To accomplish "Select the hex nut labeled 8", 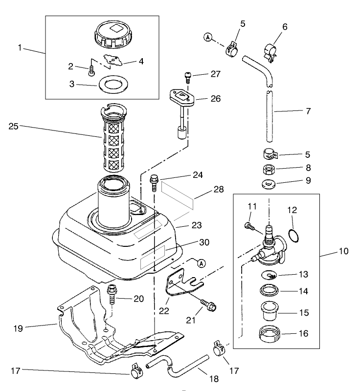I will click(268, 171).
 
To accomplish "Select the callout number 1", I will click(20, 47).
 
